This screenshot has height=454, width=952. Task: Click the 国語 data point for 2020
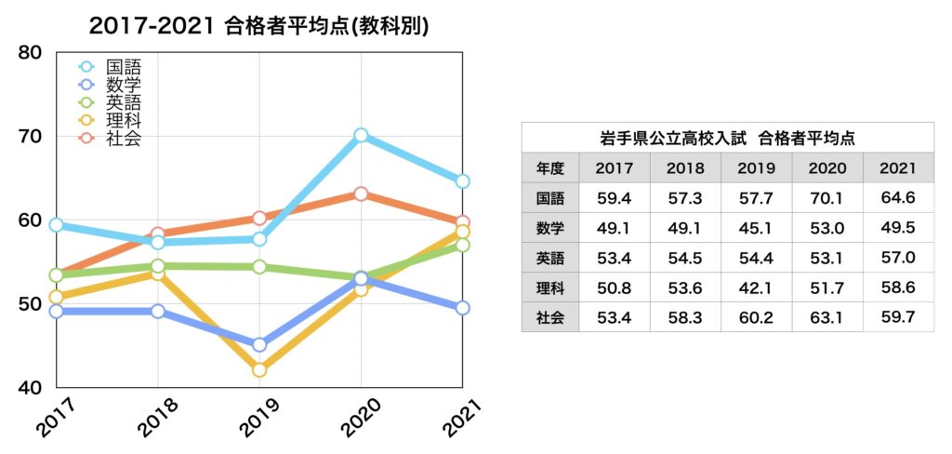(x=361, y=136)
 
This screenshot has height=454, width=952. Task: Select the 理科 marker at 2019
(x=259, y=369)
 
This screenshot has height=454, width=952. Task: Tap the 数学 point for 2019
(x=259, y=344)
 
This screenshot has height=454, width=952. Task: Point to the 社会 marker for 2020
(x=361, y=194)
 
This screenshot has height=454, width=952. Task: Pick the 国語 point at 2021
(x=462, y=181)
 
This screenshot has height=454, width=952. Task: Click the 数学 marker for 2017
(x=57, y=311)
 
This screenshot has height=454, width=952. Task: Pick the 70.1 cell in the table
(x=826, y=197)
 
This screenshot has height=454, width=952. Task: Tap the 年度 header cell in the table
(x=549, y=168)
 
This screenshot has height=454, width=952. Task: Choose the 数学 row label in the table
(x=549, y=227)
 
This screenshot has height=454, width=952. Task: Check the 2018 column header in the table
(x=685, y=168)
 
